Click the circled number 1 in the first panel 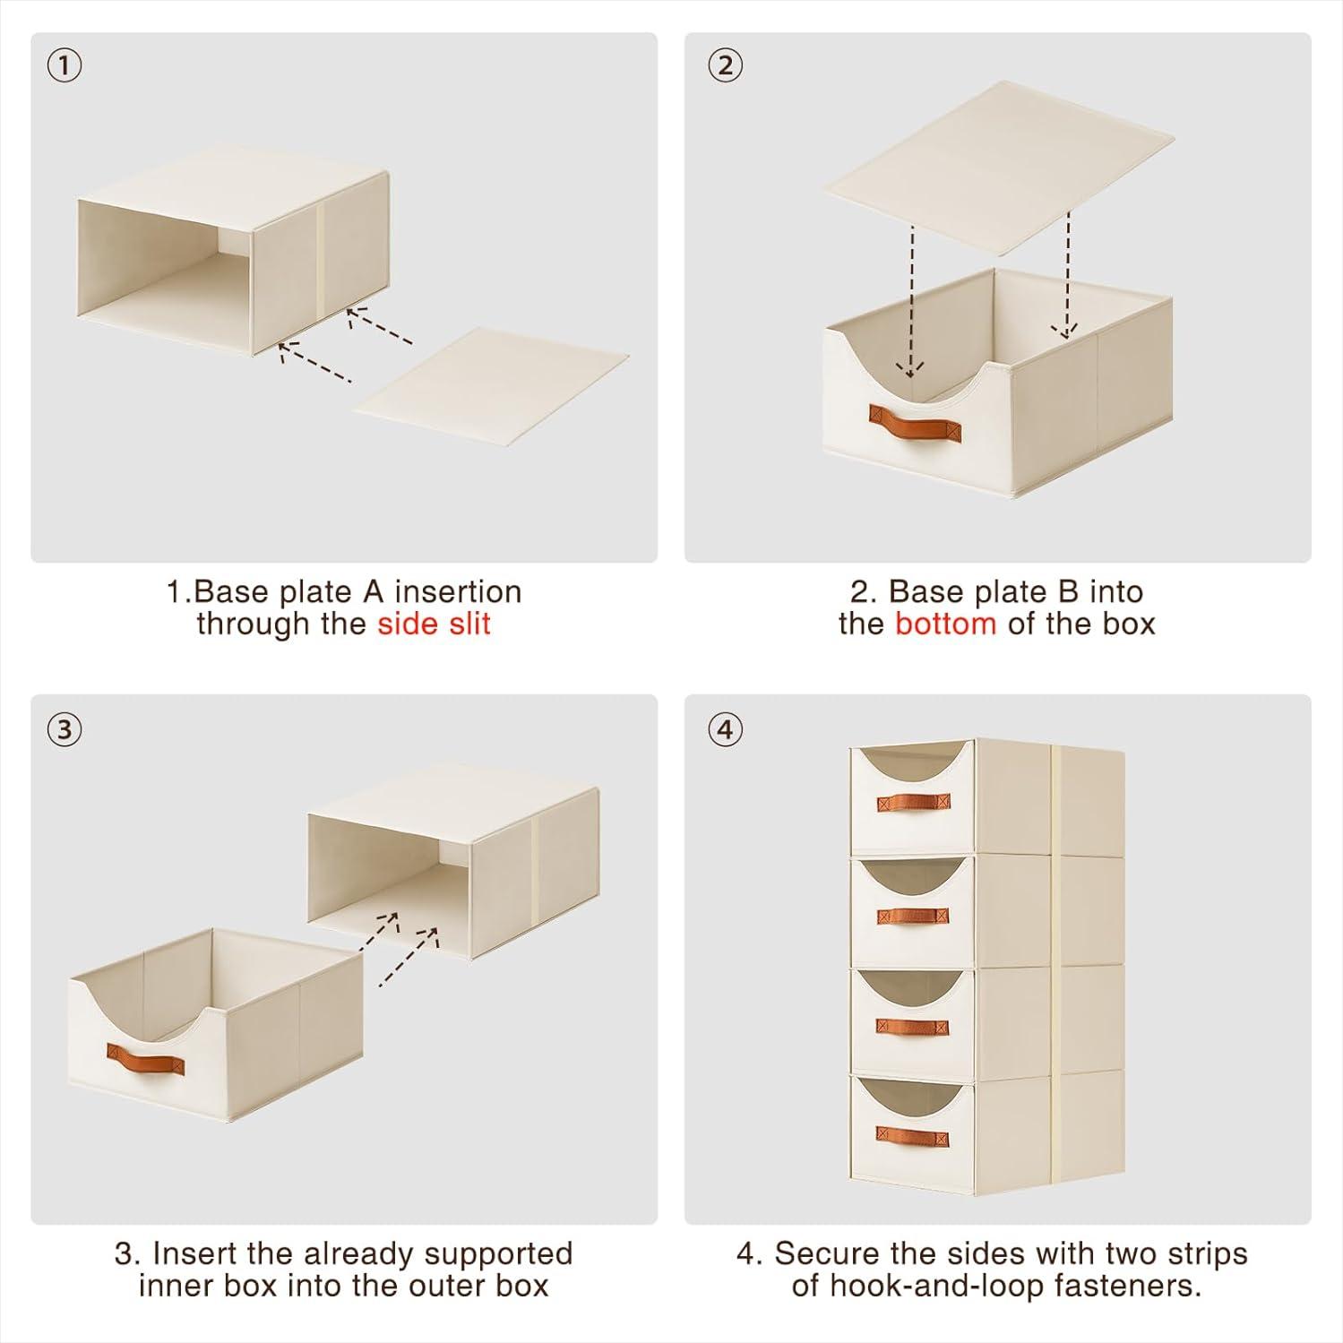64,65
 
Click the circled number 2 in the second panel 725,65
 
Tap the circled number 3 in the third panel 64,729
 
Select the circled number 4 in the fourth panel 725,729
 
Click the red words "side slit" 434,624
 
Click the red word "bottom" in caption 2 945,624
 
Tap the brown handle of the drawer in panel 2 914,421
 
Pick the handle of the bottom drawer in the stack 912,1137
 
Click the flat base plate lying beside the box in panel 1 491,387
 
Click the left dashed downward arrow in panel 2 910,301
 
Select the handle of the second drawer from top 912,916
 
